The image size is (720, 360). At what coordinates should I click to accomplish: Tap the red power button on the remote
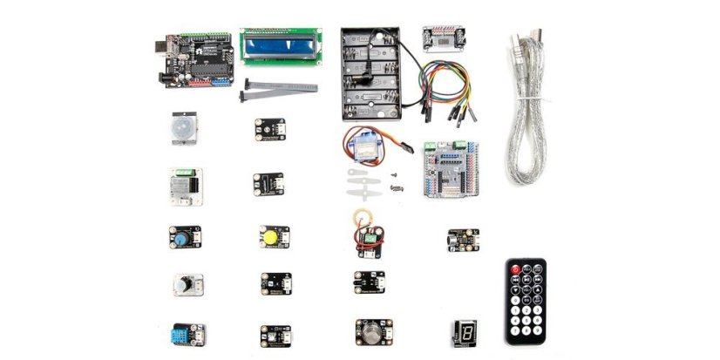pos(515,269)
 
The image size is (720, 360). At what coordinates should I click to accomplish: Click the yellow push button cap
pos(269,236)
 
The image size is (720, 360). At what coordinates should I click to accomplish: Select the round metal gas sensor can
pos(371,330)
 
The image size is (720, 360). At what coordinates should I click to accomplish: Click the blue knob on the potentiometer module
pos(181,236)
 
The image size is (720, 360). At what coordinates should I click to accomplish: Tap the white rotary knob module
pos(185,286)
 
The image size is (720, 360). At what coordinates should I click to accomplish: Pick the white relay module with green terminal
pos(185,185)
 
